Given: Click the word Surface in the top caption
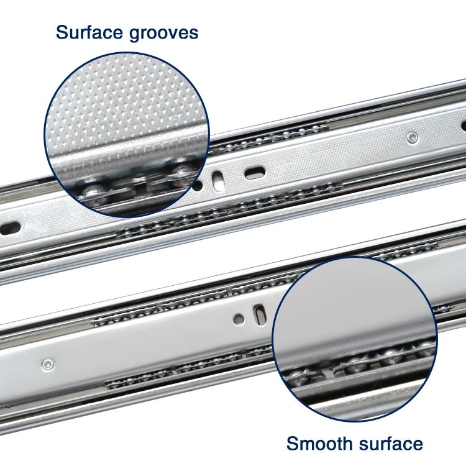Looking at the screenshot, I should (89, 32).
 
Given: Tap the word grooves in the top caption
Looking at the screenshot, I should (163, 34).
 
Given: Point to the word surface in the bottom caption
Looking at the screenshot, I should (388, 444).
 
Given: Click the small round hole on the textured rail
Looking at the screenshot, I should (198, 185).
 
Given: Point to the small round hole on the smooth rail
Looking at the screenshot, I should (239, 319).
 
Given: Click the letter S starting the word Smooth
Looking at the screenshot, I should (292, 444).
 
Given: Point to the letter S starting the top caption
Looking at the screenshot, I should (61, 32).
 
